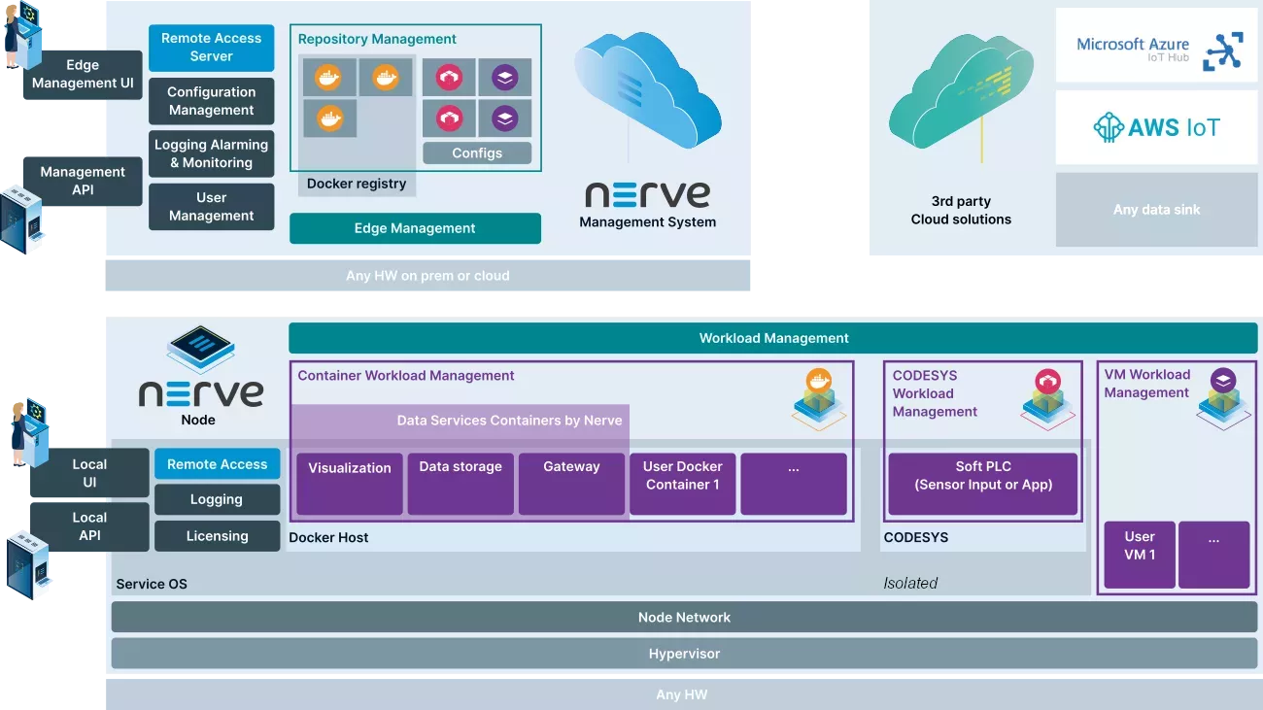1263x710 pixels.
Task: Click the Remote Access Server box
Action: pyautogui.click(x=211, y=48)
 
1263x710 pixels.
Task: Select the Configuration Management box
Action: pyautogui.click(x=211, y=101)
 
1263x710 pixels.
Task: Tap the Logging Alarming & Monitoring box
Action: pyautogui.click(x=211, y=154)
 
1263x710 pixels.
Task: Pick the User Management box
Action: pyautogui.click(x=211, y=207)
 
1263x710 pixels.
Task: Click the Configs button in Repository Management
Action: pyautogui.click(x=477, y=152)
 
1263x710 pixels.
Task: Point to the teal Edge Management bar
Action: pyautogui.click(x=415, y=228)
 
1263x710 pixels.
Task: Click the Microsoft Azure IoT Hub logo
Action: pyautogui.click(x=1156, y=46)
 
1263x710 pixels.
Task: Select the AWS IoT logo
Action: pyautogui.click(x=1156, y=127)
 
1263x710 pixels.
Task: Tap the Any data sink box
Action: pyautogui.click(x=1156, y=209)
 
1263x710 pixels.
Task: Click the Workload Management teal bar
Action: pyautogui.click(x=773, y=338)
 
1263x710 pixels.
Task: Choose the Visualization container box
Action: pyautogui.click(x=350, y=483)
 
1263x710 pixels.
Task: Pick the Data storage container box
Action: pyautogui.click(x=461, y=483)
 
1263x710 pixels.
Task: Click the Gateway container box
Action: pyautogui.click(x=571, y=483)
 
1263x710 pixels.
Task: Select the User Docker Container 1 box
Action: pyautogui.click(x=682, y=483)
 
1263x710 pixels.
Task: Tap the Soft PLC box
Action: pyautogui.click(x=983, y=483)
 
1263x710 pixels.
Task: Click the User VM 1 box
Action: pyautogui.click(x=1140, y=555)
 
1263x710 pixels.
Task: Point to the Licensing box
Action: pyautogui.click(x=217, y=536)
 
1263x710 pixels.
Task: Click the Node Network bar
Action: pyautogui.click(x=684, y=617)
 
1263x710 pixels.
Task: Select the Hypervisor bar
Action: pyautogui.click(x=684, y=654)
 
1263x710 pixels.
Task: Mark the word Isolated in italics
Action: pyautogui.click(x=910, y=583)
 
